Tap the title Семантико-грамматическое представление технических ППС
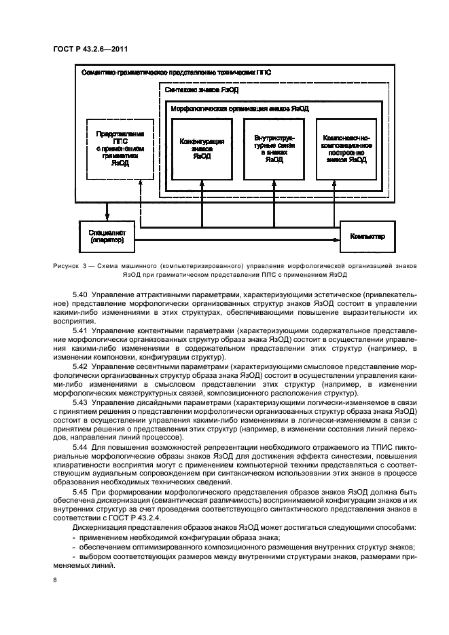click(175, 72)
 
